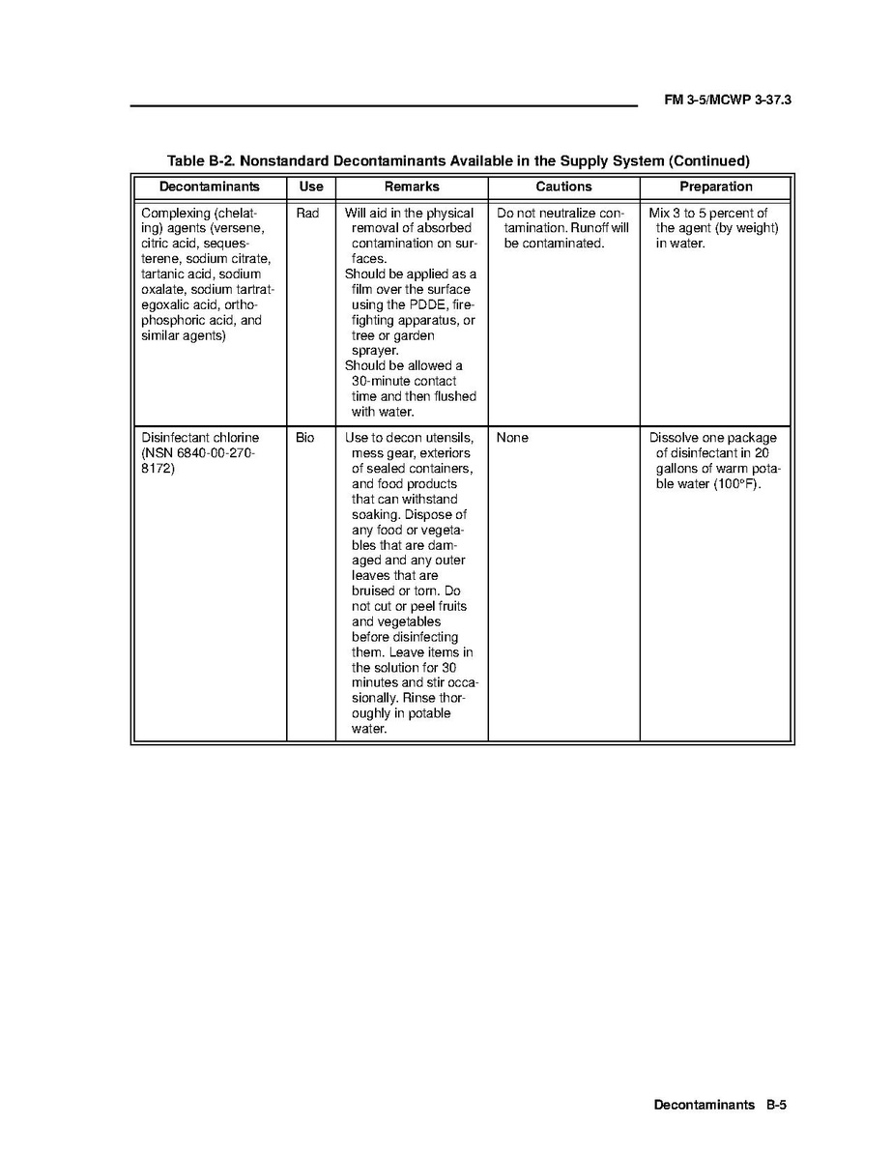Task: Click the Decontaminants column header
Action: click(209, 187)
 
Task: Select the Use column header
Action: click(311, 187)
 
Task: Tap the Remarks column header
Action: click(412, 187)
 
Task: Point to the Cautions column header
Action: click(563, 187)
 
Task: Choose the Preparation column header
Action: click(715, 187)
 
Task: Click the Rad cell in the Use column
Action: click(307, 214)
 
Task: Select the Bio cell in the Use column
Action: click(305, 438)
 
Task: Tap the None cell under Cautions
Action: click(512, 438)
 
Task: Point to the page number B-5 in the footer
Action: click(777, 1105)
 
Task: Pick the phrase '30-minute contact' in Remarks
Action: click(404, 382)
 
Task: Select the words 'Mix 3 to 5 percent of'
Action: click(708, 214)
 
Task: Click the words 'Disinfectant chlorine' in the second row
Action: click(200, 438)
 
